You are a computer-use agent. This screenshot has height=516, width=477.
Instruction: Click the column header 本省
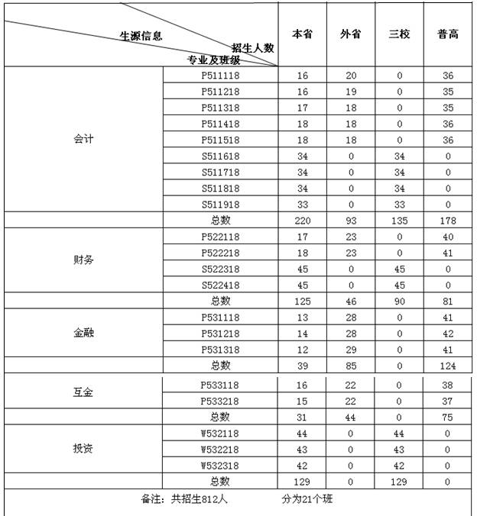click(302, 35)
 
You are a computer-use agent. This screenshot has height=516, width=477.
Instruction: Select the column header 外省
click(350, 35)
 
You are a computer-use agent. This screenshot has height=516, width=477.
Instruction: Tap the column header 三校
click(399, 35)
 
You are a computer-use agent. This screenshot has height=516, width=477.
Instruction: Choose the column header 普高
click(448, 35)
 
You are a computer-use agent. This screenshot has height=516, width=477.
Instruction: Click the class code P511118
click(220, 76)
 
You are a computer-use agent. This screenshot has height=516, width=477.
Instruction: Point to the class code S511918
click(220, 204)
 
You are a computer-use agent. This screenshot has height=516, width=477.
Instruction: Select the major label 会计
click(83, 140)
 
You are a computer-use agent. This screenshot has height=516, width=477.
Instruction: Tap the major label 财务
click(83, 260)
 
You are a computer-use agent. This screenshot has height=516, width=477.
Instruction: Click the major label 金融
click(83, 333)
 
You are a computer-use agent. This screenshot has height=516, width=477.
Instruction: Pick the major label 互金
click(83, 392)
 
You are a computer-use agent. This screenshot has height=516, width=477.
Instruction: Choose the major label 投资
click(83, 448)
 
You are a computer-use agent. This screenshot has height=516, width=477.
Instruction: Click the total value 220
click(302, 220)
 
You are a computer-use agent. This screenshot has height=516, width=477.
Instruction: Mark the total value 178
click(448, 220)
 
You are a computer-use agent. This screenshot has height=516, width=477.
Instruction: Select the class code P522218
click(220, 253)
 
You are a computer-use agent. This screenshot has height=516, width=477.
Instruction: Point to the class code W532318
click(220, 464)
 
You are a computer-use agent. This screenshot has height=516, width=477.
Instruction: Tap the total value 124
click(448, 365)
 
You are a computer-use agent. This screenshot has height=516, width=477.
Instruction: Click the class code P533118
click(220, 385)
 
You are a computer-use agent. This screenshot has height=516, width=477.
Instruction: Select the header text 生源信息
click(141, 36)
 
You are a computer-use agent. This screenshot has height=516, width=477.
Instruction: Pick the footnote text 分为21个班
click(306, 500)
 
